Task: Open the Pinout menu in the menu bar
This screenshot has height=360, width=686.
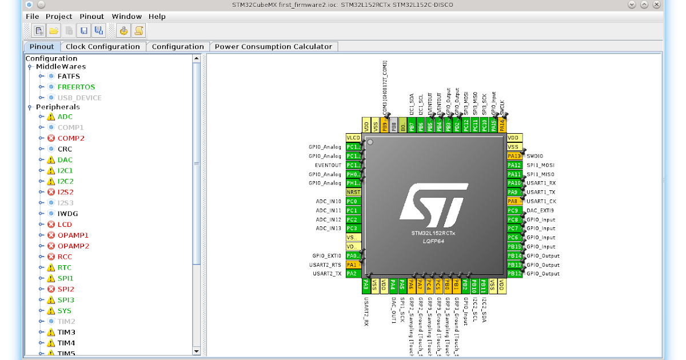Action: click(91, 17)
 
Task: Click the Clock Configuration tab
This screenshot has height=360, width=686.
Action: click(102, 47)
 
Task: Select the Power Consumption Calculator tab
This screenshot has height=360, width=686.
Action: click(273, 47)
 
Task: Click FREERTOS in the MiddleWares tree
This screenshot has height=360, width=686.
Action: click(76, 87)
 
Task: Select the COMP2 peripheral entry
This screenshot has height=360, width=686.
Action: click(70, 138)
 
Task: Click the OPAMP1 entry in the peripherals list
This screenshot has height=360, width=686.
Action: click(73, 235)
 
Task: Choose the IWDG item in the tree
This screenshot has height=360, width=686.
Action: click(67, 214)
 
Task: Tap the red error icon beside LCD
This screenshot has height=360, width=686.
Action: click(51, 225)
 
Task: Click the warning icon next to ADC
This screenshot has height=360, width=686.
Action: click(51, 117)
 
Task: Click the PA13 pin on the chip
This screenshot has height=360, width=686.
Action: click(514, 156)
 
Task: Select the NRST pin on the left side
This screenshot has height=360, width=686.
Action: click(353, 193)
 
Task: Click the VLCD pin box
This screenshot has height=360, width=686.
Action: click(353, 138)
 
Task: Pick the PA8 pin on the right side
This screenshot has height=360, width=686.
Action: click(513, 201)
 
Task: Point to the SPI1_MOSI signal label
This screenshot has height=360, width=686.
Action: click(541, 165)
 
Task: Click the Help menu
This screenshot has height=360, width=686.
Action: click(157, 17)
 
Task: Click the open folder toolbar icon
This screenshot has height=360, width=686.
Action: click(54, 30)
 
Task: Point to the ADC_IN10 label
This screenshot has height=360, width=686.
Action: click(328, 201)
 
